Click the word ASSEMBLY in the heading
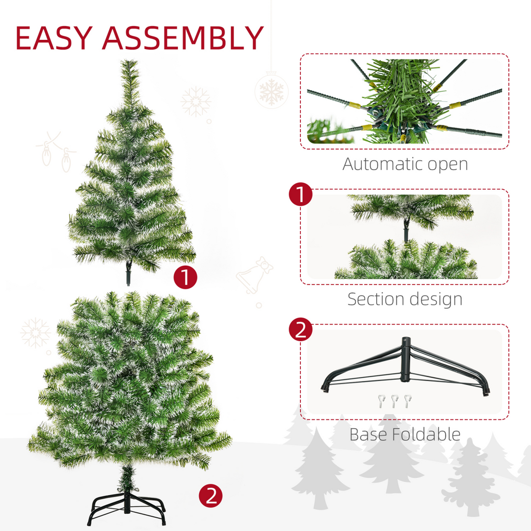[x=183, y=38]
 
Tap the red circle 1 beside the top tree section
[x=185, y=277]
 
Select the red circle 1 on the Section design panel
[x=300, y=195]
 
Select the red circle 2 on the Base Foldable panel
[x=300, y=329]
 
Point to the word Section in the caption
[x=376, y=299]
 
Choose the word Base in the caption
[x=369, y=434]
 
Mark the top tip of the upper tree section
[x=130, y=62]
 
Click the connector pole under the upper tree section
[x=129, y=273]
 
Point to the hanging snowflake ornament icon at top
[x=271, y=90]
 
